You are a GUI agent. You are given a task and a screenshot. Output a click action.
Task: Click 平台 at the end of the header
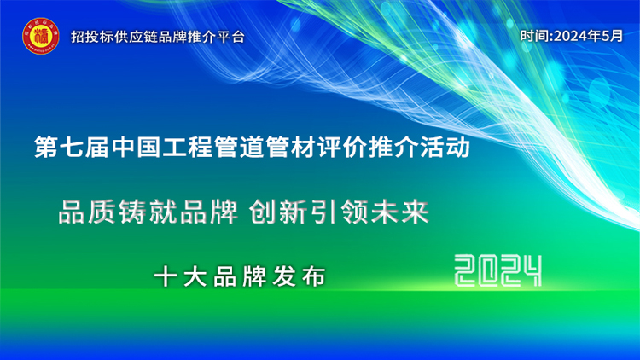point(233,38)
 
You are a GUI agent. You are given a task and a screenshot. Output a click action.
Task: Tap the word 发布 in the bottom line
point(301,276)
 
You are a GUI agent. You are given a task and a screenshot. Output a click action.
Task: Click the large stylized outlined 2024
point(498,272)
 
